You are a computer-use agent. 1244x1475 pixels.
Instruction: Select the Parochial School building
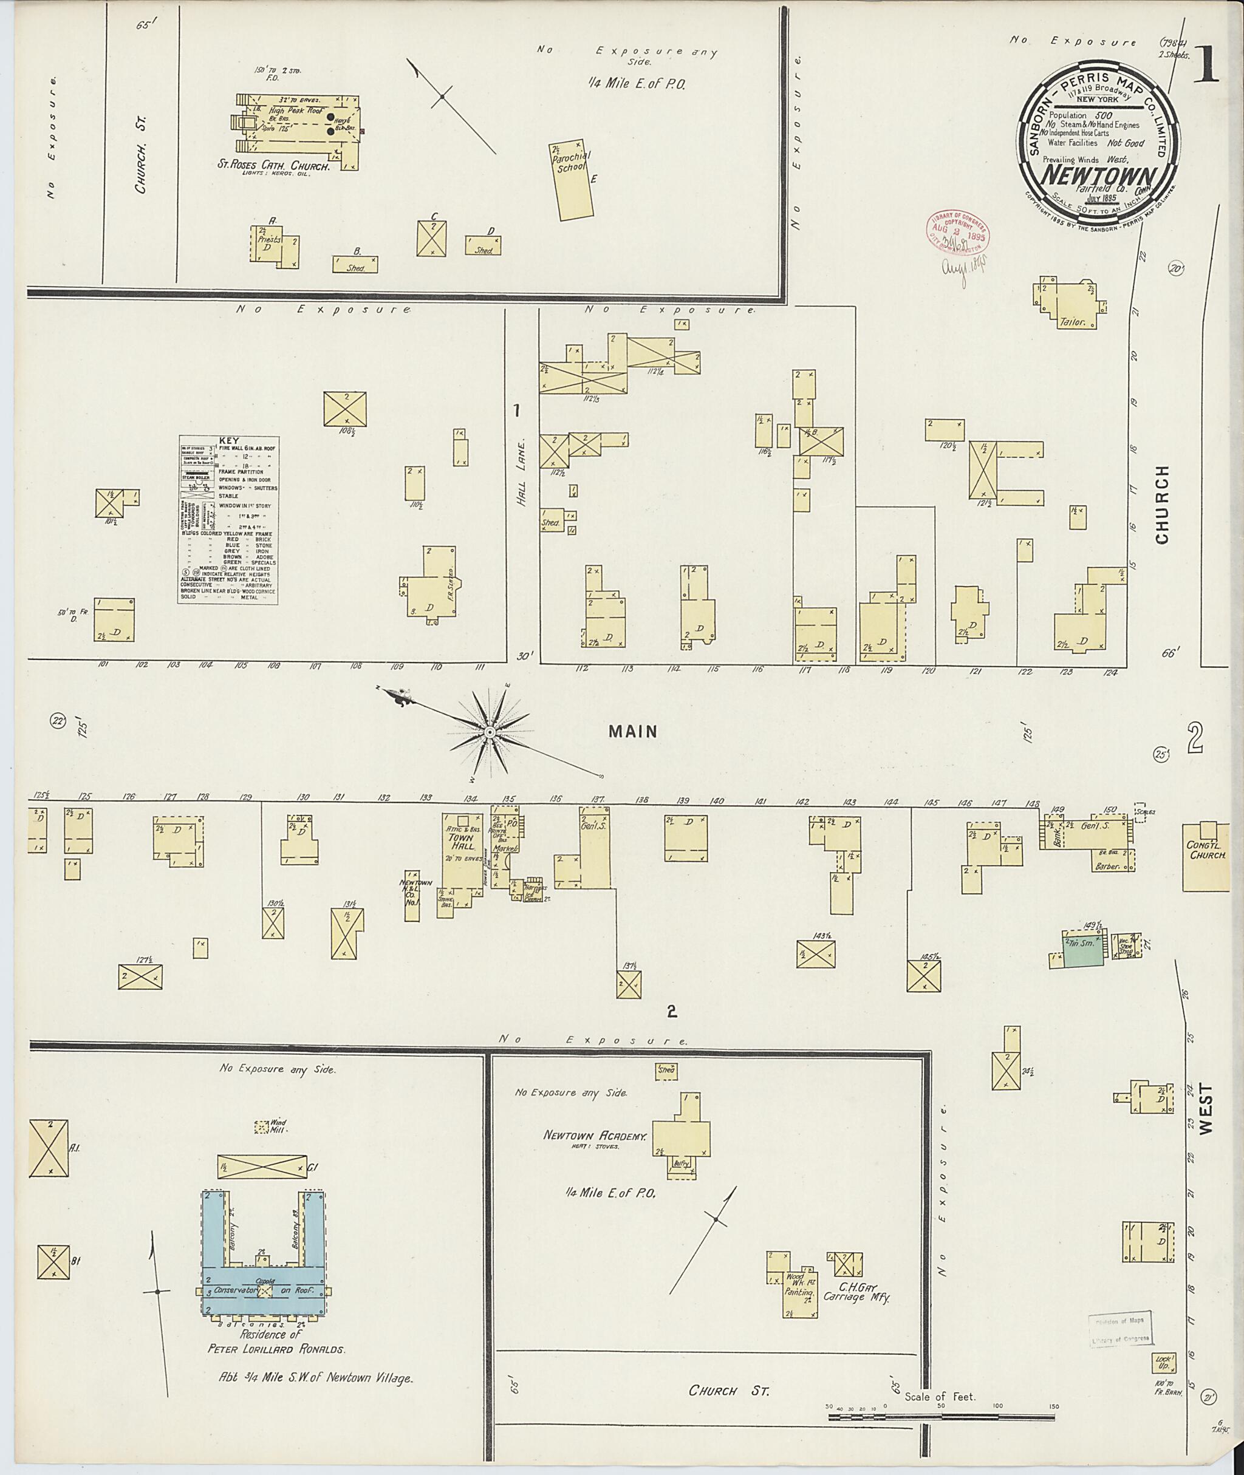[572, 180]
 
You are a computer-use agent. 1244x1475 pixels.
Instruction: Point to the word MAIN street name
[632, 732]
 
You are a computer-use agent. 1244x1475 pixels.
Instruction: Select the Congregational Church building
[1208, 856]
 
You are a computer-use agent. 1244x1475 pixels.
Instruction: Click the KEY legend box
[228, 519]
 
